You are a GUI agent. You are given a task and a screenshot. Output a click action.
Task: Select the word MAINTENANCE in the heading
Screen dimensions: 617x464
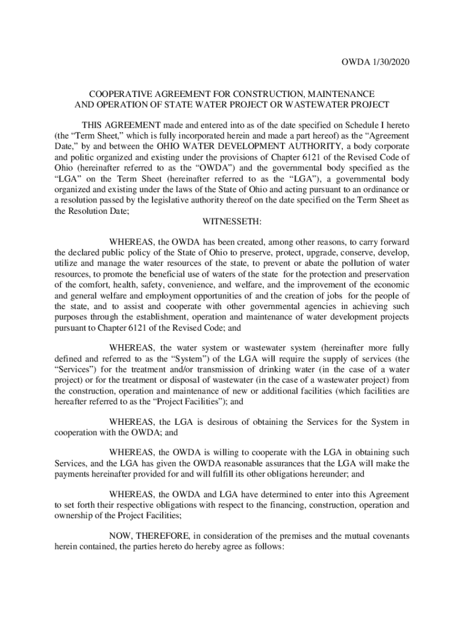(340, 94)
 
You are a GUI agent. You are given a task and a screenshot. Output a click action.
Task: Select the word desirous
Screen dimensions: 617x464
(211, 422)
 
